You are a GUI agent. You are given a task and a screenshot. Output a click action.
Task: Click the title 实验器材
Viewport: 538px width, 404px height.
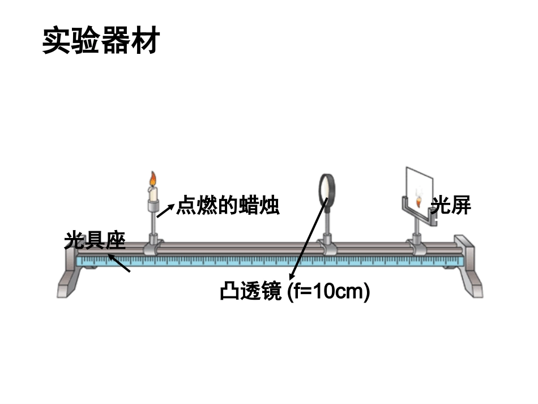click(x=100, y=41)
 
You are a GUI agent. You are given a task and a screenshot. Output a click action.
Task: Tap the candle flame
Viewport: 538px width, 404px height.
click(x=152, y=179)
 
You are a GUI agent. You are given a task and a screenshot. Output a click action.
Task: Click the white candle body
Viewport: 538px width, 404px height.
click(x=152, y=193)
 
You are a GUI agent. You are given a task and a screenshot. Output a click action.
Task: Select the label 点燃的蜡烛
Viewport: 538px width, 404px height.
click(x=228, y=205)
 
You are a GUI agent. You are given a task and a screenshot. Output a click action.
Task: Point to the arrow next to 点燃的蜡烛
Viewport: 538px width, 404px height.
click(x=165, y=210)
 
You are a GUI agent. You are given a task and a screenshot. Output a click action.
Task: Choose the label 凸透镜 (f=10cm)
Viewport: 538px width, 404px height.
click(x=294, y=292)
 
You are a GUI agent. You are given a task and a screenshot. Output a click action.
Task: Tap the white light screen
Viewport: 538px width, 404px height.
click(x=419, y=187)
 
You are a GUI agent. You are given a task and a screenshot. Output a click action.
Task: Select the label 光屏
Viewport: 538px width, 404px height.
click(x=451, y=205)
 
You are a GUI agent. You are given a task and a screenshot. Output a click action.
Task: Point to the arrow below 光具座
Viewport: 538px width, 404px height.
click(x=119, y=263)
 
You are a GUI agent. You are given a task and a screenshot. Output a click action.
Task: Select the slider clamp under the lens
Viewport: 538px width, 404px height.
click(x=327, y=246)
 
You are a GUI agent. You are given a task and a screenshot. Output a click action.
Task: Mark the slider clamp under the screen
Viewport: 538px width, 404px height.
click(x=419, y=246)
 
